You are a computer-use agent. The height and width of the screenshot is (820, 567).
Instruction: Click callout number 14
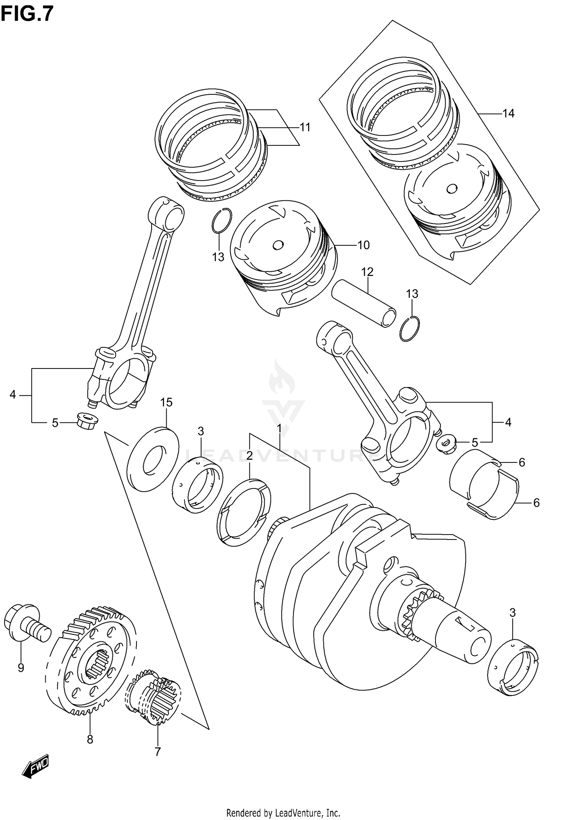508,113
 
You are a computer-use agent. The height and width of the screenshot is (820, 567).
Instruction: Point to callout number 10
363,245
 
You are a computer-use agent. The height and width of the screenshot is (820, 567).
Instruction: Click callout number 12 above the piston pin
367,272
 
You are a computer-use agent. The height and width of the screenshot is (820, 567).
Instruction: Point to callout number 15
166,402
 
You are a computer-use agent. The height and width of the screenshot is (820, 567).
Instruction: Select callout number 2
249,456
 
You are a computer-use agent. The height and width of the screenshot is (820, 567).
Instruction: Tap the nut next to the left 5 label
87,420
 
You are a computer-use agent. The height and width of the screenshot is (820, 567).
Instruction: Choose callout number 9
21,668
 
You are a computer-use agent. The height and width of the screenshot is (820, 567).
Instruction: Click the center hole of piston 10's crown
278,245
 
